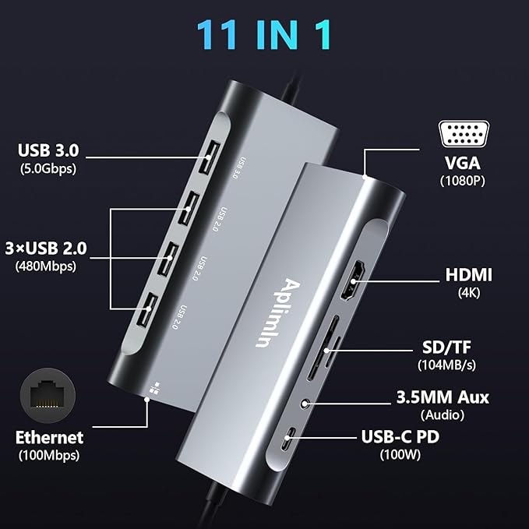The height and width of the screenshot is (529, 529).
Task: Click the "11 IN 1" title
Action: [x=264, y=34]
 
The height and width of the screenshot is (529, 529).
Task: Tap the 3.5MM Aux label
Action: [x=441, y=397]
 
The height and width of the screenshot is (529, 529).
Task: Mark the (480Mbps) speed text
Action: [x=46, y=266]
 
